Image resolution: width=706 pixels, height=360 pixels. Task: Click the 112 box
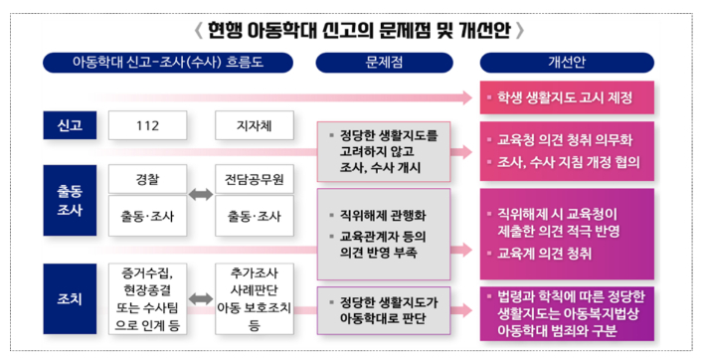147,126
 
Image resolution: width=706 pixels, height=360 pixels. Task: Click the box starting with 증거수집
147,296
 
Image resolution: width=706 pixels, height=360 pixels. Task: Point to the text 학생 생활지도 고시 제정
557,98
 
